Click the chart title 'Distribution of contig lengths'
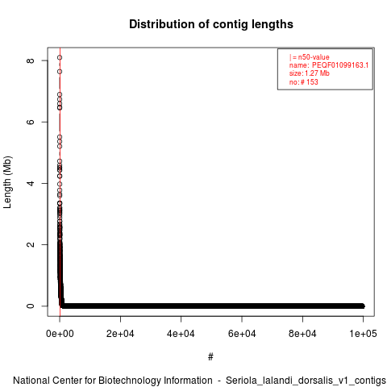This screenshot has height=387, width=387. (x=211, y=24)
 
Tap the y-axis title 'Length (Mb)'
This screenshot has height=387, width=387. (x=8, y=182)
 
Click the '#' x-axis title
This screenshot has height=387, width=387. (x=210, y=357)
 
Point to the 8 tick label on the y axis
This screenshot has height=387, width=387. (x=31, y=60)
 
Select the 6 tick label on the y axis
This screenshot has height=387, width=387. (x=31, y=122)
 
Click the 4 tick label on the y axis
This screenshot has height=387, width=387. (x=31, y=183)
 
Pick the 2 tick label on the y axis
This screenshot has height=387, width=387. (x=31, y=244)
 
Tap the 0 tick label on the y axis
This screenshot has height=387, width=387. (x=31, y=306)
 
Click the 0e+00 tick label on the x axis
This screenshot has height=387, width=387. (x=60, y=334)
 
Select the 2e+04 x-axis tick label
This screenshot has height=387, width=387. (x=120, y=334)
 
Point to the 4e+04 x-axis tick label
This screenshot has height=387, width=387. (x=181, y=334)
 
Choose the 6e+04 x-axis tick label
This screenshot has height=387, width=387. (x=242, y=334)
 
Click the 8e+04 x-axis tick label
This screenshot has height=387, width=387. (x=302, y=334)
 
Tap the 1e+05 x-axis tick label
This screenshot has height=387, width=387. (x=363, y=334)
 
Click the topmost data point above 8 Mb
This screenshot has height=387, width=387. (x=60, y=57)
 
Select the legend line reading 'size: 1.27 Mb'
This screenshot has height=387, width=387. (x=310, y=73)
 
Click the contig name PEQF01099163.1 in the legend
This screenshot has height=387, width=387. (x=340, y=65)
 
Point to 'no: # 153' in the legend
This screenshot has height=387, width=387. (x=304, y=81)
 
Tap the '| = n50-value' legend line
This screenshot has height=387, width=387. (x=310, y=57)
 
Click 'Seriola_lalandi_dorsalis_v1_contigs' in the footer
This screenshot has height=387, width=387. (x=306, y=381)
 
